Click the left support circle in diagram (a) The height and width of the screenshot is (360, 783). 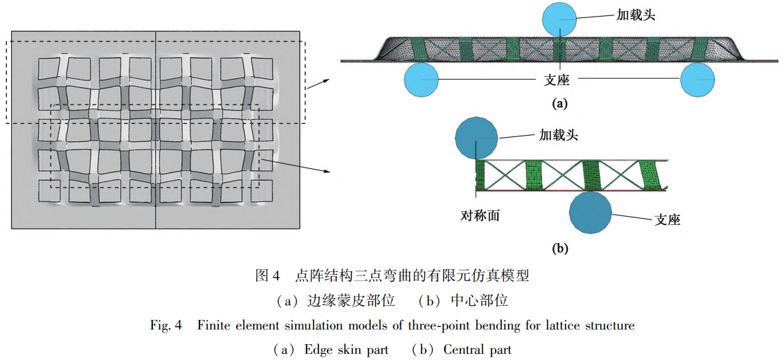(422, 79)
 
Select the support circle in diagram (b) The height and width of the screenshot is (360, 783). (591, 212)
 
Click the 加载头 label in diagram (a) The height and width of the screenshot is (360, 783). (637, 13)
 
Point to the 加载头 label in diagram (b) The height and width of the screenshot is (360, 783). (558, 135)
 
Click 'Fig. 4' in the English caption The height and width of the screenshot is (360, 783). (165, 325)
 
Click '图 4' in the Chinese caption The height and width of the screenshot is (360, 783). (267, 276)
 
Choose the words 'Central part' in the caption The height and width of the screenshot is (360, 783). (477, 349)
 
